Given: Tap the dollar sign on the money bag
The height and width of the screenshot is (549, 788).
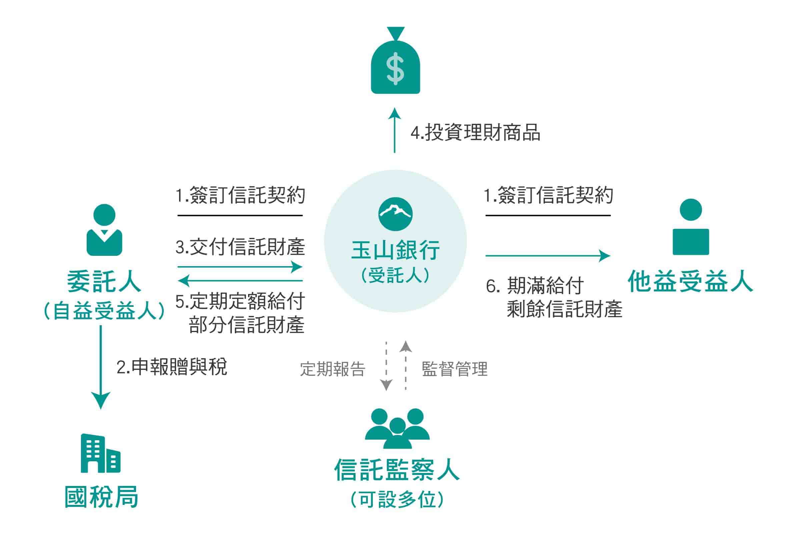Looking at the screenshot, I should coord(395,69).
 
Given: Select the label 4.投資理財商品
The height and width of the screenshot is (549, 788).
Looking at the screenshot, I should coord(475,133).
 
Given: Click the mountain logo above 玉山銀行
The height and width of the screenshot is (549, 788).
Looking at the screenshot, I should coord(396,214).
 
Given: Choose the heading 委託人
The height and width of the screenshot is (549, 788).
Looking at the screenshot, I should coord(104,282).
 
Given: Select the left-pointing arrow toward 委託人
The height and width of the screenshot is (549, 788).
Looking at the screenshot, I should coord(240,281).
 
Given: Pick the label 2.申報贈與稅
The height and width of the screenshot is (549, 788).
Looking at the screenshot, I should coord(172,367).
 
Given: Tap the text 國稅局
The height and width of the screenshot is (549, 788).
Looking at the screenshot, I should coord(102,497).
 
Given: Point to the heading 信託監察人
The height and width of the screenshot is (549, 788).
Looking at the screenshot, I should coord(397,470).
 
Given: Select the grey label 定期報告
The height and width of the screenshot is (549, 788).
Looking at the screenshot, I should coord(332,369).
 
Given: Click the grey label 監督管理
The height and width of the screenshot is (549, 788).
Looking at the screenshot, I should coord(455,369).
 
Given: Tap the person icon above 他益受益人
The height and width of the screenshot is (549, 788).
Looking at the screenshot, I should coord(691,227).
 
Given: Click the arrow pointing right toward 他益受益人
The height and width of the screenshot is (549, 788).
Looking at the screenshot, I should coord(548,255).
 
